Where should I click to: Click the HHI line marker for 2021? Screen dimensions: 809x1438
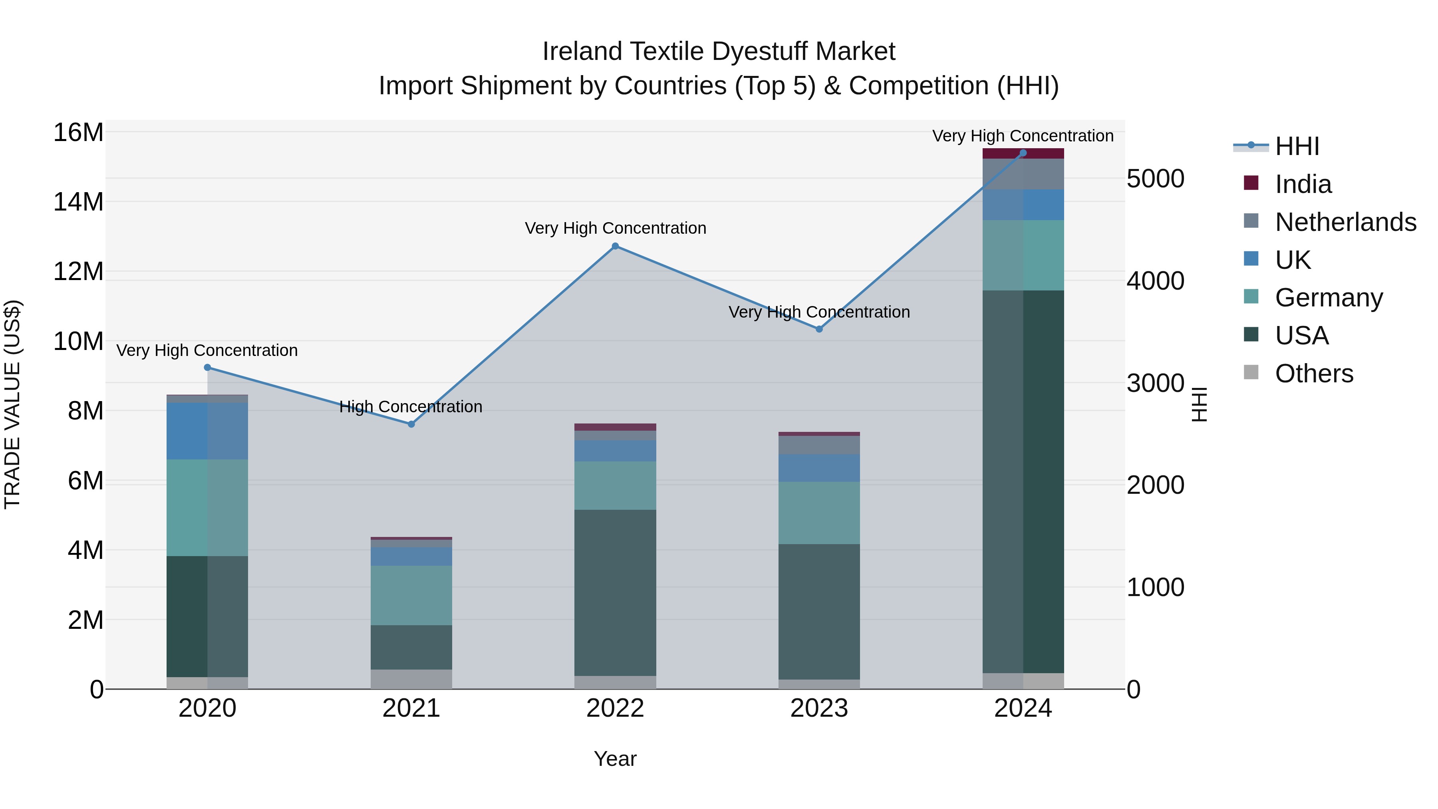pos(411,424)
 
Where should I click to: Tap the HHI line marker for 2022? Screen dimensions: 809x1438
pos(615,246)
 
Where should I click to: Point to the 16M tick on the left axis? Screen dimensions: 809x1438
pos(78,133)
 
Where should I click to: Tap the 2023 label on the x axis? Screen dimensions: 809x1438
pos(819,708)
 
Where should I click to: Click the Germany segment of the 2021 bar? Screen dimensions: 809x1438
pos(411,595)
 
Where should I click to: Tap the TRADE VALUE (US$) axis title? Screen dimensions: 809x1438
pos(12,404)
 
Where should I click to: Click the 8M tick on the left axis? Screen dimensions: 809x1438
pos(85,411)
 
